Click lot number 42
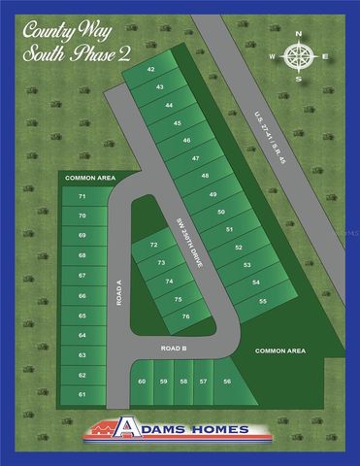pyautogui.click(x=150, y=71)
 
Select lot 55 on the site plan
pyautogui.click(x=262, y=302)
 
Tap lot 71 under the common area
pyautogui.click(x=82, y=196)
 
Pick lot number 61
pyautogui.click(x=82, y=394)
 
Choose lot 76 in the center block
pyautogui.click(x=184, y=316)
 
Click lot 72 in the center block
pyautogui.click(x=154, y=246)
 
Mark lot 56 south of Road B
pyautogui.click(x=228, y=382)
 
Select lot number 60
pyautogui.click(x=143, y=382)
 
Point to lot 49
pyautogui.click(x=213, y=196)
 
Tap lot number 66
pyautogui.click(x=82, y=295)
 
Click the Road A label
pyautogui.click(x=118, y=288)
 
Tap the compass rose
pyautogui.click(x=298, y=55)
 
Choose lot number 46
pyautogui.click(x=186, y=141)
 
